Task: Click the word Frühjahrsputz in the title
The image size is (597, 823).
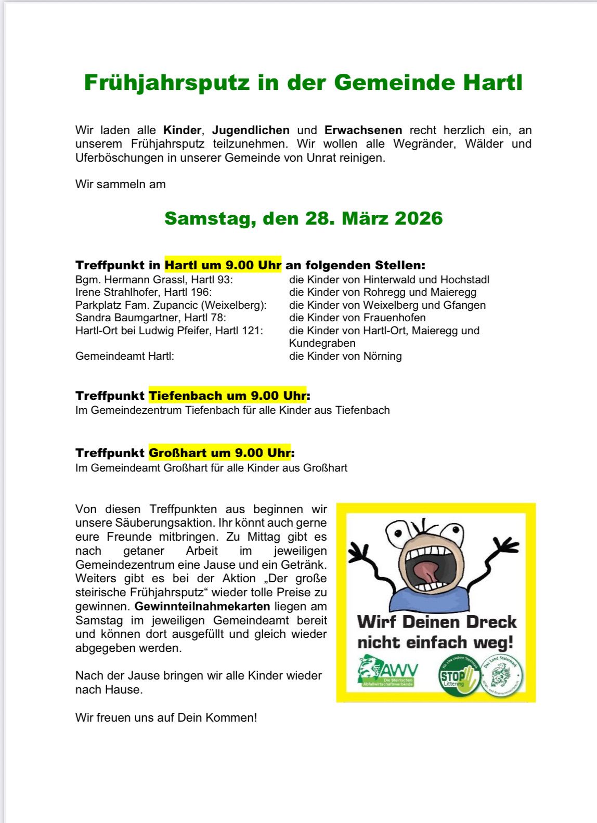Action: coord(166,83)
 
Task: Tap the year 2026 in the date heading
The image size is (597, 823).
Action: coord(419,218)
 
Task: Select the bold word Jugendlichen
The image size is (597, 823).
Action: coord(251,130)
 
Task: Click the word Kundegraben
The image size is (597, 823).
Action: coord(322,343)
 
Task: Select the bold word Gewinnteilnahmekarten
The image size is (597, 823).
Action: coord(202,606)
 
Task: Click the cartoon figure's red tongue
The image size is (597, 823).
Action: coord(427,572)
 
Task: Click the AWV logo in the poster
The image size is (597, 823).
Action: coord(387,672)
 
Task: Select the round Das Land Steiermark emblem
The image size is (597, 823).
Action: coord(501,675)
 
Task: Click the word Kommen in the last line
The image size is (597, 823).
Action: coord(229,717)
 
